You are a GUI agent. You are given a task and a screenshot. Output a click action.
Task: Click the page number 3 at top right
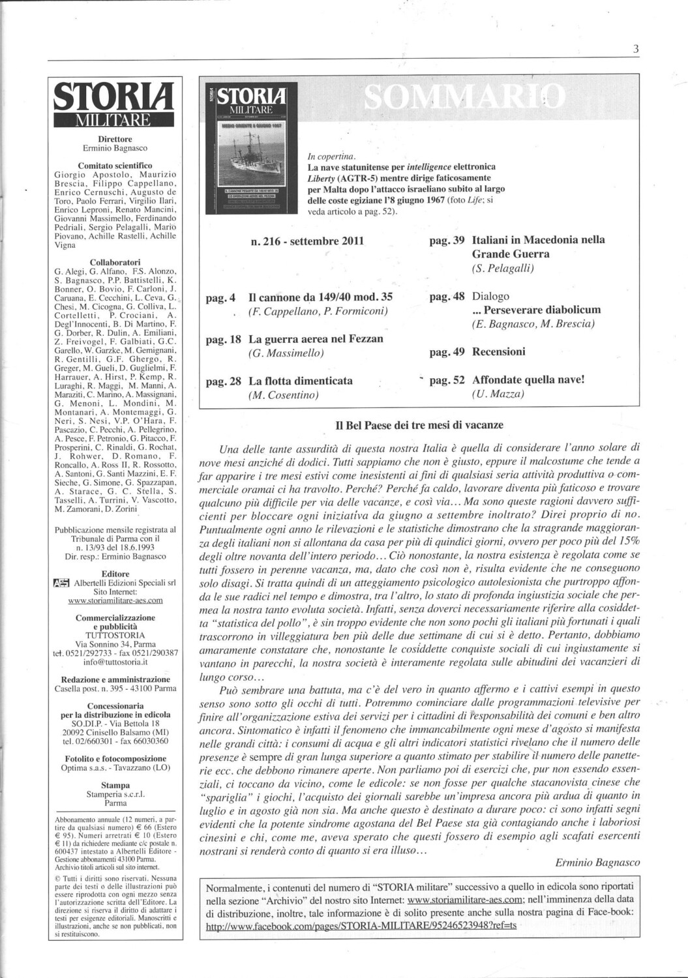635,49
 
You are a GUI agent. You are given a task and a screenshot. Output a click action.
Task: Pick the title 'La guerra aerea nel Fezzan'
316,339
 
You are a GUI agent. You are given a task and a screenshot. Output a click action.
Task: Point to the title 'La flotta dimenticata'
300,381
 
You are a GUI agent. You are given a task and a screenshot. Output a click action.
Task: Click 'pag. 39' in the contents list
447,241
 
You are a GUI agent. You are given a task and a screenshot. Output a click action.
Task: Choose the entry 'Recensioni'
498,352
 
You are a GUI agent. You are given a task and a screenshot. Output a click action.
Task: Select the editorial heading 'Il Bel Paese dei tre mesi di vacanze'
419,425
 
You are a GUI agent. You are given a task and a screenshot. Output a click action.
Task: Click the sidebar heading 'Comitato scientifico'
115,166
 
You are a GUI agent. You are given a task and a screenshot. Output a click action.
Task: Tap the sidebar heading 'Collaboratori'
115,261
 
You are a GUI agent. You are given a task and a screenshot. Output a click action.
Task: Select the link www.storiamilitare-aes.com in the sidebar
115,600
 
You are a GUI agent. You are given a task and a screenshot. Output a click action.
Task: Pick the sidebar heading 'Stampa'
115,785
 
